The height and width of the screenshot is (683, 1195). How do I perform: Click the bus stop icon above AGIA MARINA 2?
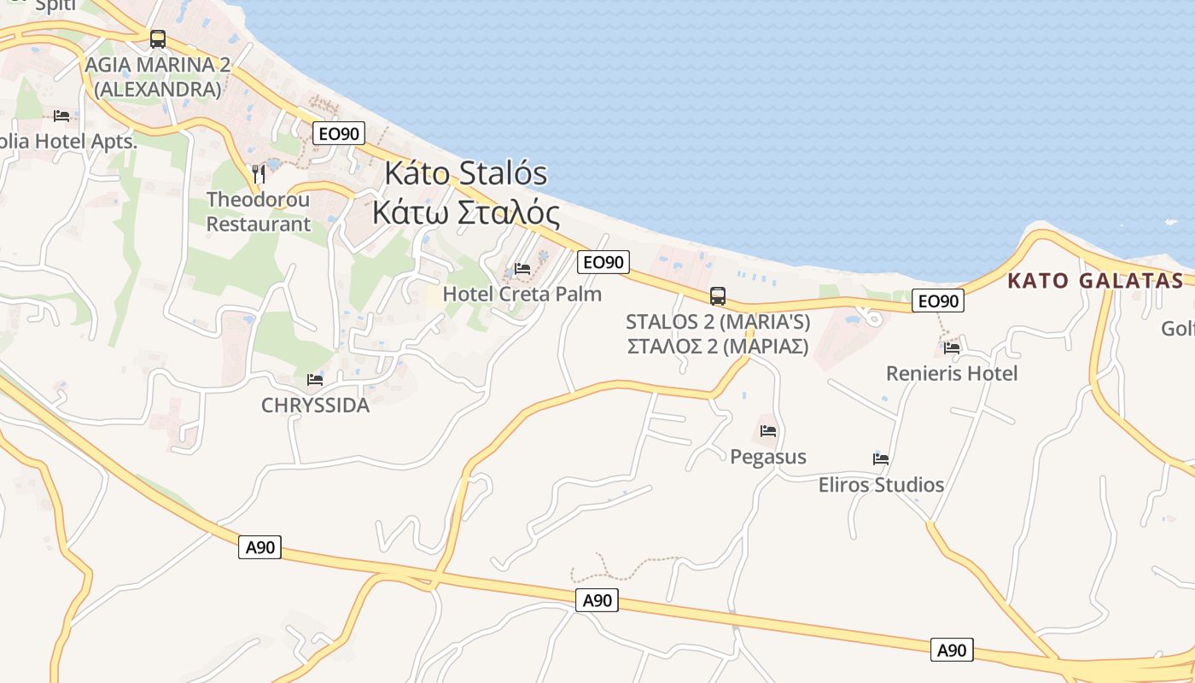158,39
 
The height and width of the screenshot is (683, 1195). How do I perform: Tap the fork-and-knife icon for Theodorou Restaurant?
259,174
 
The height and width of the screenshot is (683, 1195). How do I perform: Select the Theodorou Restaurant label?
259,212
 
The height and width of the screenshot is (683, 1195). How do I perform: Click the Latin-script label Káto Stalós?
465,172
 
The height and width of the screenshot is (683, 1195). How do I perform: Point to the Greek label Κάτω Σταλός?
466,213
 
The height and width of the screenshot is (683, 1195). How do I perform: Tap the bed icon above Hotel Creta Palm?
522,269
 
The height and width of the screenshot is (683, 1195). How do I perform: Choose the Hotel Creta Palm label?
522,295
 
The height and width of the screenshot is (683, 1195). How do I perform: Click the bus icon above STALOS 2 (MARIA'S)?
718,296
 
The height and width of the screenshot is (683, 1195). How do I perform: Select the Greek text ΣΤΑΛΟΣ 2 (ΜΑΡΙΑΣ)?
718,347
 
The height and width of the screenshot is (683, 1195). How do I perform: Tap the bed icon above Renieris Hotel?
952,347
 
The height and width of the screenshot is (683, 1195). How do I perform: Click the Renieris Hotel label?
952,373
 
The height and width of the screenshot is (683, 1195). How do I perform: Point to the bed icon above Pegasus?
768,431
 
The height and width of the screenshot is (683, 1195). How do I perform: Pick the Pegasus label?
768,457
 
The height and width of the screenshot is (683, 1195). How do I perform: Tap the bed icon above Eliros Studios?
881,459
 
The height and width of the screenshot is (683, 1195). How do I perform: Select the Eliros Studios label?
881,485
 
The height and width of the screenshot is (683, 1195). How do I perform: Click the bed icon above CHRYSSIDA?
315,380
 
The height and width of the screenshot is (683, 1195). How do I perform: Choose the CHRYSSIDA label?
315,406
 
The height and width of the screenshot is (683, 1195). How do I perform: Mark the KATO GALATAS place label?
1095,281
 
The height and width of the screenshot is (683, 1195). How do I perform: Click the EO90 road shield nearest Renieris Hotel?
937,301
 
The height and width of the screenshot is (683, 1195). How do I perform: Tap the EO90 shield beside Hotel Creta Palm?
603,262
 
